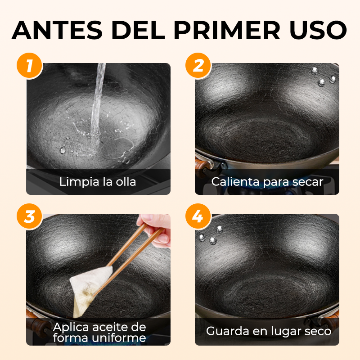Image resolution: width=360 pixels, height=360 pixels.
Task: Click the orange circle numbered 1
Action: point(29,66)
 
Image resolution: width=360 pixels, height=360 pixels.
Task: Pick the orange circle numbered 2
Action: point(198,66)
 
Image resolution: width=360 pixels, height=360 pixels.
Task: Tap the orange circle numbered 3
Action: point(29,216)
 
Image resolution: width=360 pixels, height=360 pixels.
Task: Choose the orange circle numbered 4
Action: point(198,216)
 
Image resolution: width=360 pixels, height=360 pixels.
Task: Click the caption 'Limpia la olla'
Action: point(98,182)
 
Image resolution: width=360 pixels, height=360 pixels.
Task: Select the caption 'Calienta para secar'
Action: point(267,182)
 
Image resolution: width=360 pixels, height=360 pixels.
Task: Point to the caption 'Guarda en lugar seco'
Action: point(269,331)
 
